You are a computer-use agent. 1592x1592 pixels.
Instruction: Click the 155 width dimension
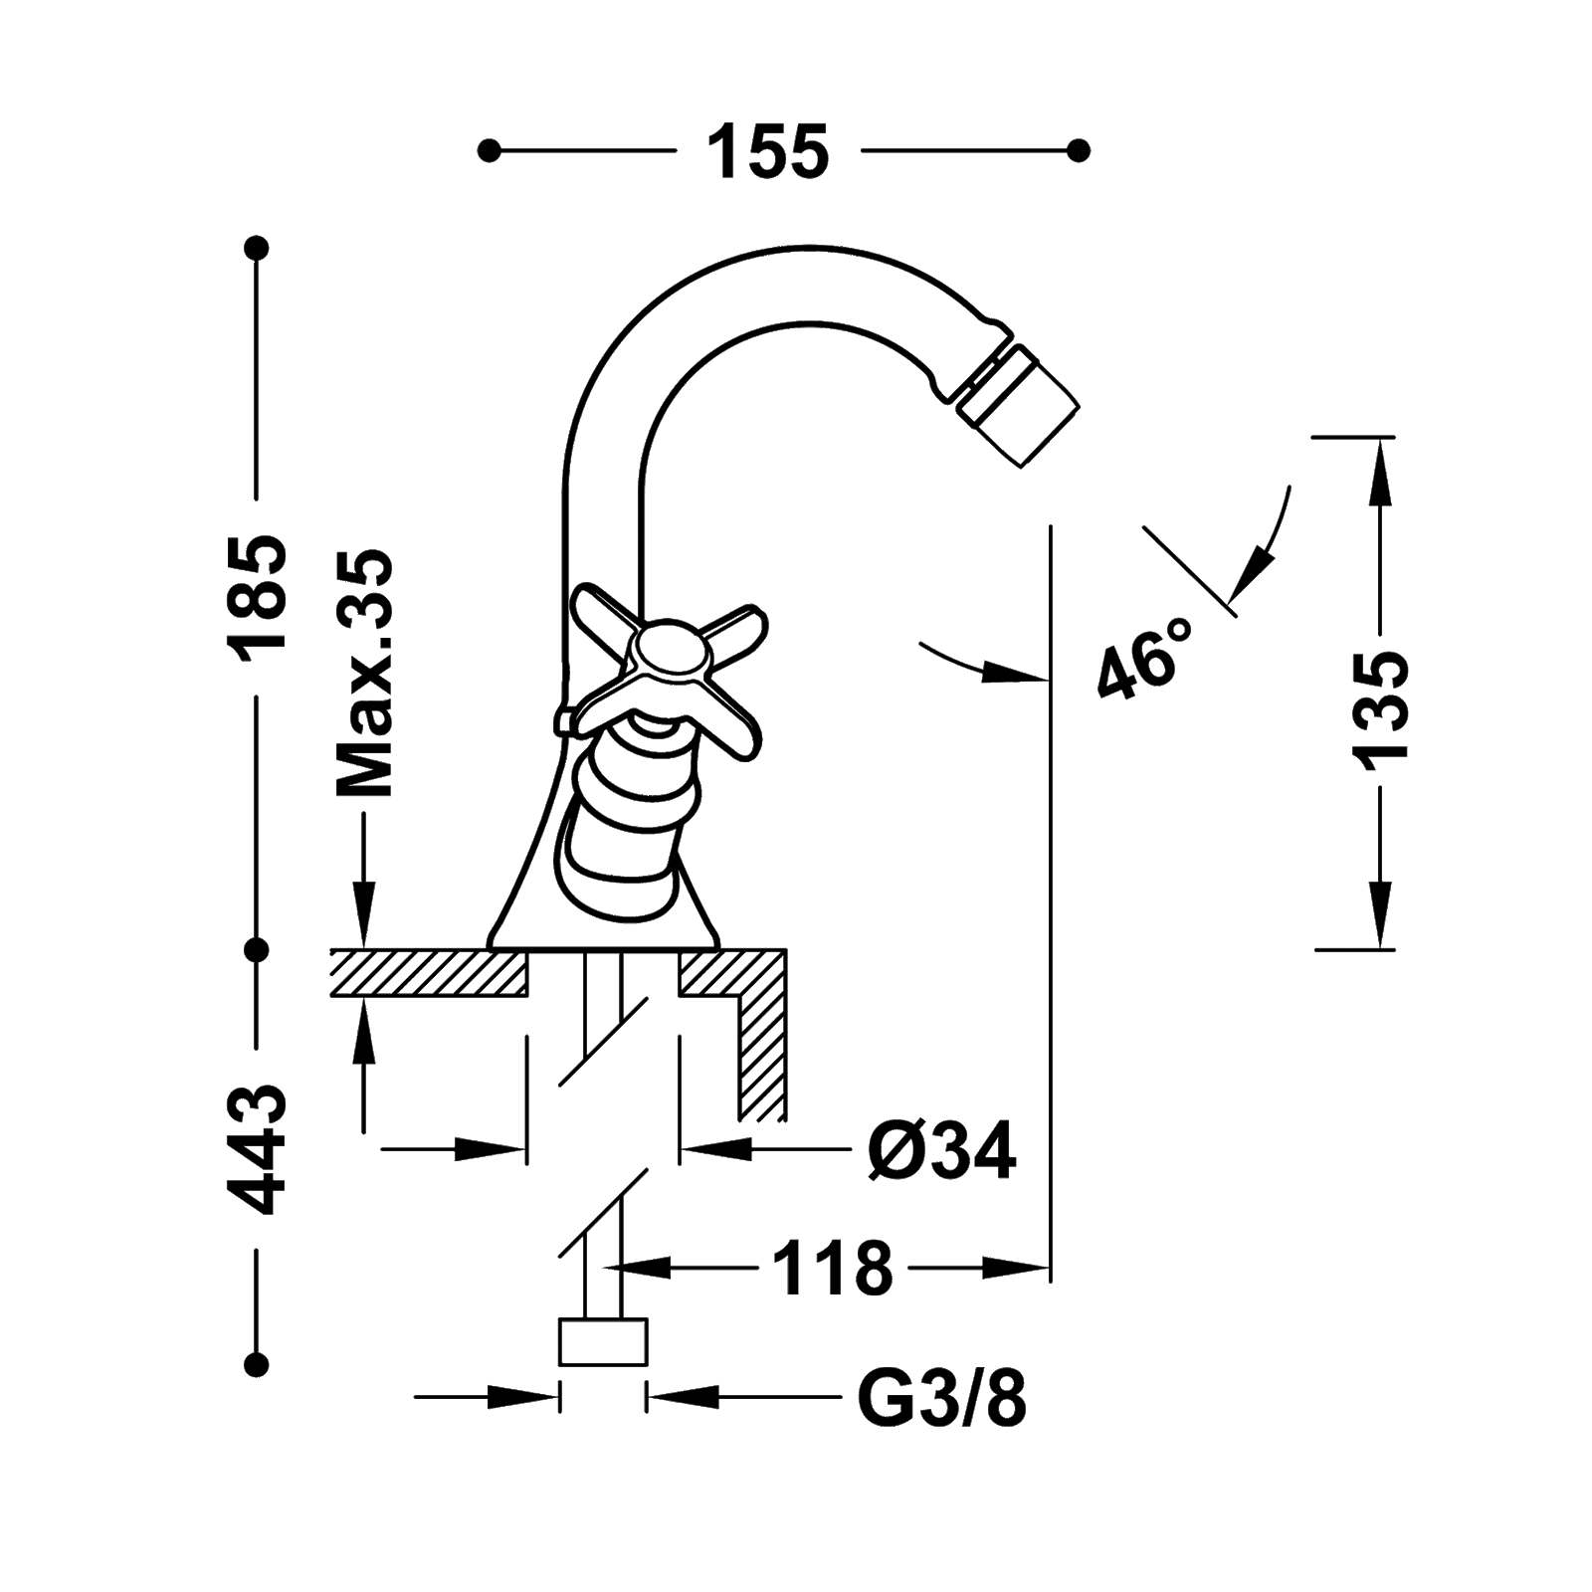tap(767, 152)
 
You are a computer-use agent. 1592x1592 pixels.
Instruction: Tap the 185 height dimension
tap(258, 593)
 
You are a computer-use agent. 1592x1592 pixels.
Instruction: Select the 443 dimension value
tap(258, 1149)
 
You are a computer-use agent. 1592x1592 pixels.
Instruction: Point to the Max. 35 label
tap(366, 674)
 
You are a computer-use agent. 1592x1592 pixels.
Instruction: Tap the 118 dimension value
tap(832, 1268)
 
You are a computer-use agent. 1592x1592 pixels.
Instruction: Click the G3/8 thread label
tap(940, 1398)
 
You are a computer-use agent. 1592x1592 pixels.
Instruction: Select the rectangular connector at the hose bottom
tap(603, 1343)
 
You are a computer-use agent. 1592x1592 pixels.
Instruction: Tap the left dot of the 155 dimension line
tap(488, 151)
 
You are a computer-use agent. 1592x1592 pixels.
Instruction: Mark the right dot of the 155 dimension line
tap(1078, 151)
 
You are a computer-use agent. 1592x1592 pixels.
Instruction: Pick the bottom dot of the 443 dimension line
tap(258, 1362)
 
